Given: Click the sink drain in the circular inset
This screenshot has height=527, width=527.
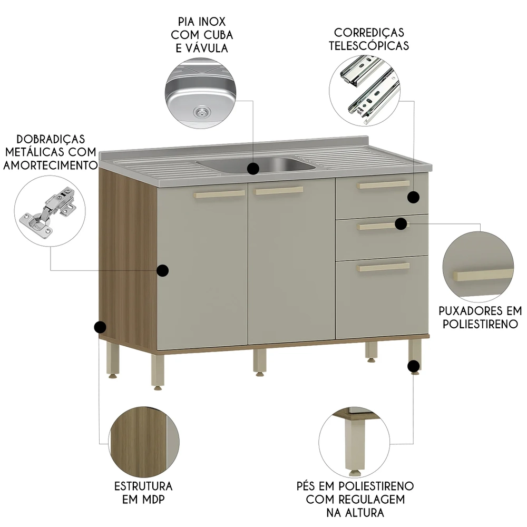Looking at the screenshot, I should (201, 111).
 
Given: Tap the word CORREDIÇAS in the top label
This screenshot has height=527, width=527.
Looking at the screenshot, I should (368, 33).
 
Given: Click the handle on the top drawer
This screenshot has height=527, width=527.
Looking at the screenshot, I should (383, 184).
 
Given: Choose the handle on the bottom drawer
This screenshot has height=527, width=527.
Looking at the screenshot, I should (383, 267).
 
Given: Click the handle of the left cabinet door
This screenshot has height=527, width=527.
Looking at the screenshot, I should (220, 194).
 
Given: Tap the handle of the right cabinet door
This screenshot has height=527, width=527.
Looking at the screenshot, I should (279, 190).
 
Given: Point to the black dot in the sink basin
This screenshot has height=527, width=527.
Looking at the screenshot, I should (253, 169).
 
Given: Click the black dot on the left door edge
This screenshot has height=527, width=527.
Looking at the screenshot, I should (163, 270).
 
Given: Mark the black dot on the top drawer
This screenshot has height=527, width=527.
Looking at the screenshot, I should (414, 197).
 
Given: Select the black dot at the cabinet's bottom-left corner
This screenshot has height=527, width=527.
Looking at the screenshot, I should (100, 328).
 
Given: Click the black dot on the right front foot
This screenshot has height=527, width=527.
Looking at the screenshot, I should (414, 366).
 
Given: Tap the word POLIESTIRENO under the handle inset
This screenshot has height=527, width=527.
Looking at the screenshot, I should (480, 324).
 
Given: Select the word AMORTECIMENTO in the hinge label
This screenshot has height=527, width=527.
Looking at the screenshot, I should (50, 165).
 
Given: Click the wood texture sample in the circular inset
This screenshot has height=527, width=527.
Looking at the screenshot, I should (140, 441).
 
